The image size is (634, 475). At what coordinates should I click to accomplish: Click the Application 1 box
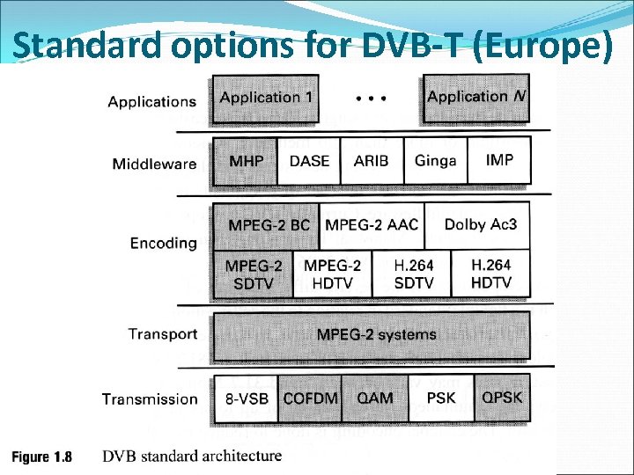pos(265,98)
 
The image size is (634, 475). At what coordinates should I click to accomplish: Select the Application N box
pos(476,98)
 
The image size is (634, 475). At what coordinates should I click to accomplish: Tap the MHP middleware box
pos(244,161)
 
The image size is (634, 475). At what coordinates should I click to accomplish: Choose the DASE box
pos(309,161)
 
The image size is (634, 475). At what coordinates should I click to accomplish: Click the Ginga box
pos(436,161)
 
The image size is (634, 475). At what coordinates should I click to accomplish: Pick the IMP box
pos(499,161)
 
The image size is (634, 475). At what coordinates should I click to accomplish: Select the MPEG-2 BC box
pos(266,225)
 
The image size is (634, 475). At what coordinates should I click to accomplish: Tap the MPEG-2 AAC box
pos(372,225)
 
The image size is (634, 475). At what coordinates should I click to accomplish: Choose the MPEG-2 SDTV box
pos(253,274)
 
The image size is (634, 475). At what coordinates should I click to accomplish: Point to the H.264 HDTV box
pos(490,274)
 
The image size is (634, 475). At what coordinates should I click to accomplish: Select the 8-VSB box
pos(246,398)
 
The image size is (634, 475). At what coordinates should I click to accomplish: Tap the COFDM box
pos(310,398)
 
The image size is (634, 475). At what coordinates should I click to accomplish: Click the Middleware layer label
pos(154,164)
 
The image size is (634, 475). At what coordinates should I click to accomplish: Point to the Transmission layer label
pos(150,399)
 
